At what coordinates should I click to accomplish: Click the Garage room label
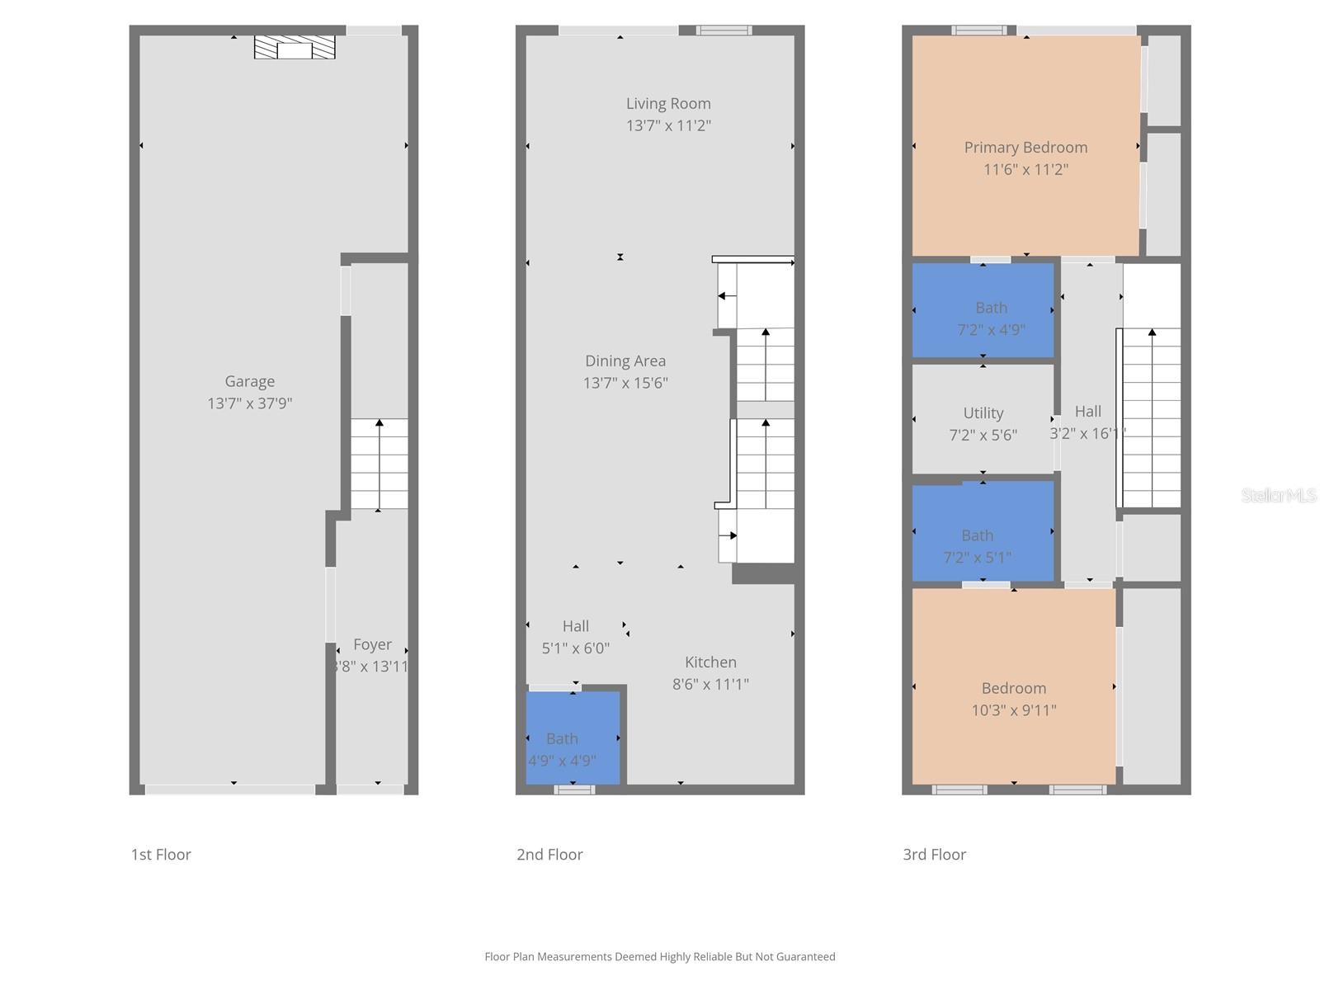pyautogui.click(x=249, y=381)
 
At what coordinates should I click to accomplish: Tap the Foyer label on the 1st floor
pyautogui.click(x=372, y=644)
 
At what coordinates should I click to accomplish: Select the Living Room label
pyautogui.click(x=668, y=103)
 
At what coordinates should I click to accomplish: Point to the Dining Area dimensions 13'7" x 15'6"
pyautogui.click(x=625, y=383)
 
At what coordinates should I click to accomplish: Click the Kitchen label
pyautogui.click(x=710, y=662)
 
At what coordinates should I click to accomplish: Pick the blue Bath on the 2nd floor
pyautogui.click(x=573, y=738)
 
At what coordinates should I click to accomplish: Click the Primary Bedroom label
pyautogui.click(x=1025, y=147)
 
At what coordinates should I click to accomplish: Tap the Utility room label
pyautogui.click(x=983, y=412)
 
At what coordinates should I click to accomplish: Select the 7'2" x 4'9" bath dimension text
pyautogui.click(x=991, y=330)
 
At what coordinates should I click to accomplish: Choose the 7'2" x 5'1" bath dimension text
pyautogui.click(x=977, y=558)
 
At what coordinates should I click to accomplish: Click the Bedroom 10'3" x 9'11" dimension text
pyautogui.click(x=1014, y=710)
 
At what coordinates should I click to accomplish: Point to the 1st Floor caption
pyautogui.click(x=161, y=855)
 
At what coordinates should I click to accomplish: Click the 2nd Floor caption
pyautogui.click(x=549, y=855)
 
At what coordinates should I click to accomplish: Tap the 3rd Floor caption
pyautogui.click(x=934, y=855)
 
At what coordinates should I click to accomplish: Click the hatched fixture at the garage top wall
pyautogui.click(x=295, y=48)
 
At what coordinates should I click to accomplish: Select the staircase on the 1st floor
pyautogui.click(x=379, y=464)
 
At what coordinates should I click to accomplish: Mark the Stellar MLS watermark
pyautogui.click(x=1279, y=495)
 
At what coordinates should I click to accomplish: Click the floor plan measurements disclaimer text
pyautogui.click(x=660, y=957)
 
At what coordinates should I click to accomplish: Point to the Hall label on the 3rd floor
pyautogui.click(x=1088, y=411)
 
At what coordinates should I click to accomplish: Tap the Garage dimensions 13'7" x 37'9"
pyautogui.click(x=249, y=403)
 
